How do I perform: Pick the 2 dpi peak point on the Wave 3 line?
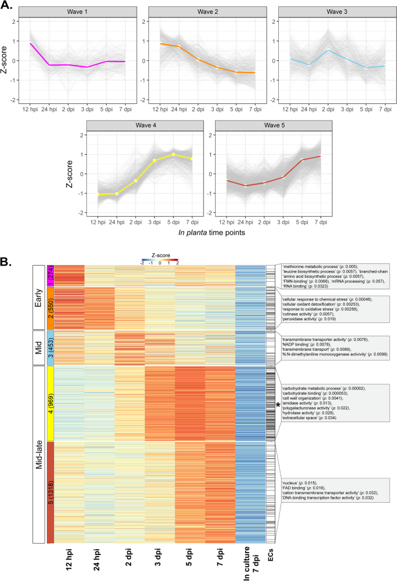click(x=314, y=50)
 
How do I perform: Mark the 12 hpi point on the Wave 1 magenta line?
click(x=31, y=43)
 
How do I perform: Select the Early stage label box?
click(x=38, y=296)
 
